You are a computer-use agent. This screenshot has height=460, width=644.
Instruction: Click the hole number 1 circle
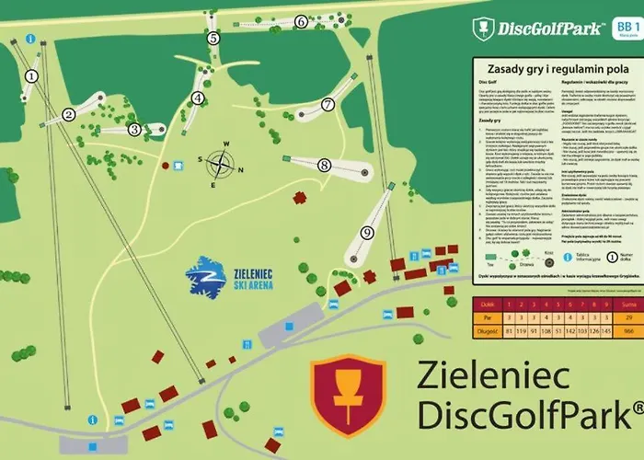click(x=32, y=76)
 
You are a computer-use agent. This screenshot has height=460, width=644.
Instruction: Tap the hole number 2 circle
click(x=68, y=115)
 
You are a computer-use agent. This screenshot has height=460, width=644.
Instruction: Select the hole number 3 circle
click(x=134, y=130)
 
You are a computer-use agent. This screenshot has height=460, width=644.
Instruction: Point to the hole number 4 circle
click(x=197, y=98)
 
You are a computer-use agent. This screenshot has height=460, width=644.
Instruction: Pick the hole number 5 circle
click(x=213, y=39)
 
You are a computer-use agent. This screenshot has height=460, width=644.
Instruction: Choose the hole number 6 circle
click(x=301, y=21)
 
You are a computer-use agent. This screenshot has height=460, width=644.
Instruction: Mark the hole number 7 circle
click(x=328, y=105)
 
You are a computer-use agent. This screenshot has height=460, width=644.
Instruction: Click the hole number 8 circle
click(x=324, y=166)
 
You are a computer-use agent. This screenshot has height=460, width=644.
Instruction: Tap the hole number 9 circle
click(x=366, y=233)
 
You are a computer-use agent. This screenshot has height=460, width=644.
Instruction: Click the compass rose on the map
click(x=220, y=166)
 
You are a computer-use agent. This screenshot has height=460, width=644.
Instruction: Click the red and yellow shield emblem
click(x=348, y=396)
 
